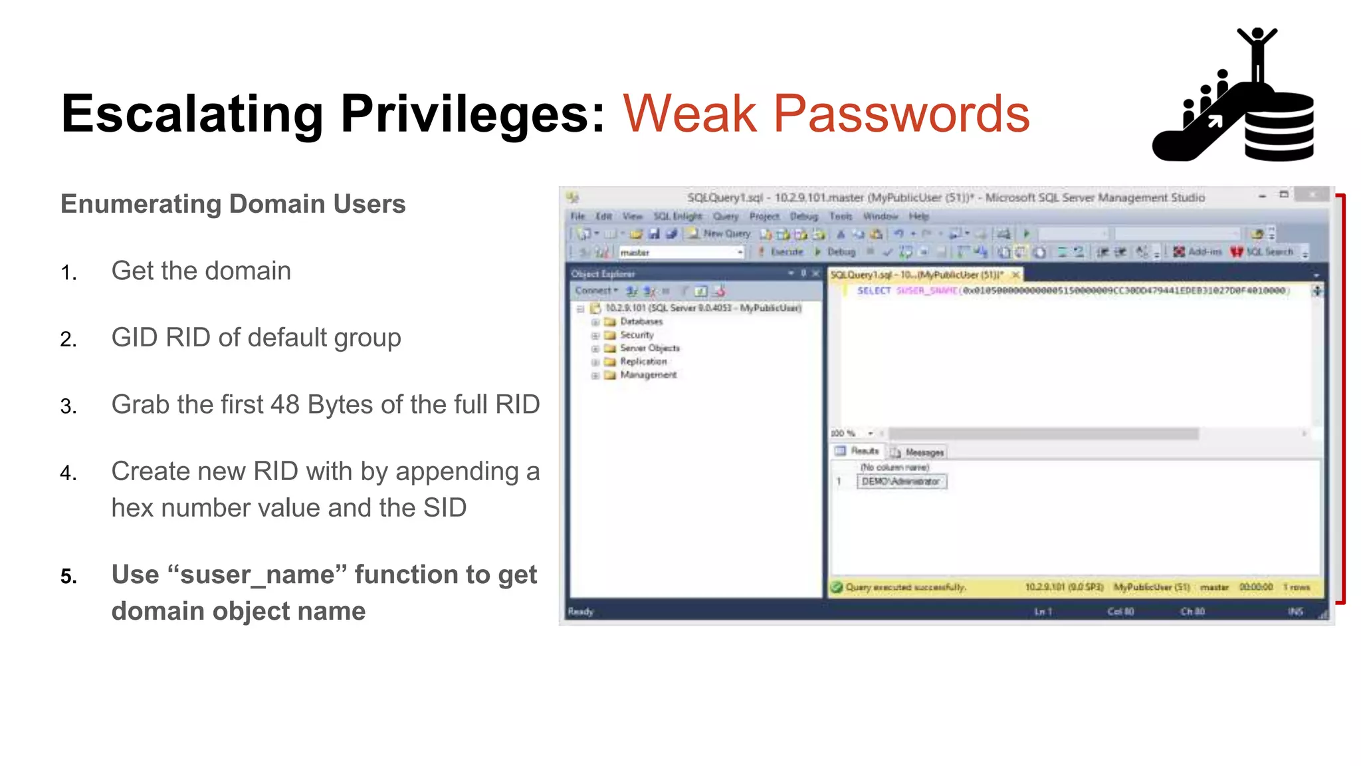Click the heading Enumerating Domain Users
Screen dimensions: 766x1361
233,204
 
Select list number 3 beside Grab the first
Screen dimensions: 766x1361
68,406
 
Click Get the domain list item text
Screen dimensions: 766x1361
201,271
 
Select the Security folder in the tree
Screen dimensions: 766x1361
636,335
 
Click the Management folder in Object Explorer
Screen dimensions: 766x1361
647,375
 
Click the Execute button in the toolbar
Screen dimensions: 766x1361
785,252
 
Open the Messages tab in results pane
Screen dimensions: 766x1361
923,452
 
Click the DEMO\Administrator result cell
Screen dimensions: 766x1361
900,481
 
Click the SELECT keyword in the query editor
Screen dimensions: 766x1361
873,291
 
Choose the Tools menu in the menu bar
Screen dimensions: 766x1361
840,216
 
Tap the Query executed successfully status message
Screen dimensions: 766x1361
904,588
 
